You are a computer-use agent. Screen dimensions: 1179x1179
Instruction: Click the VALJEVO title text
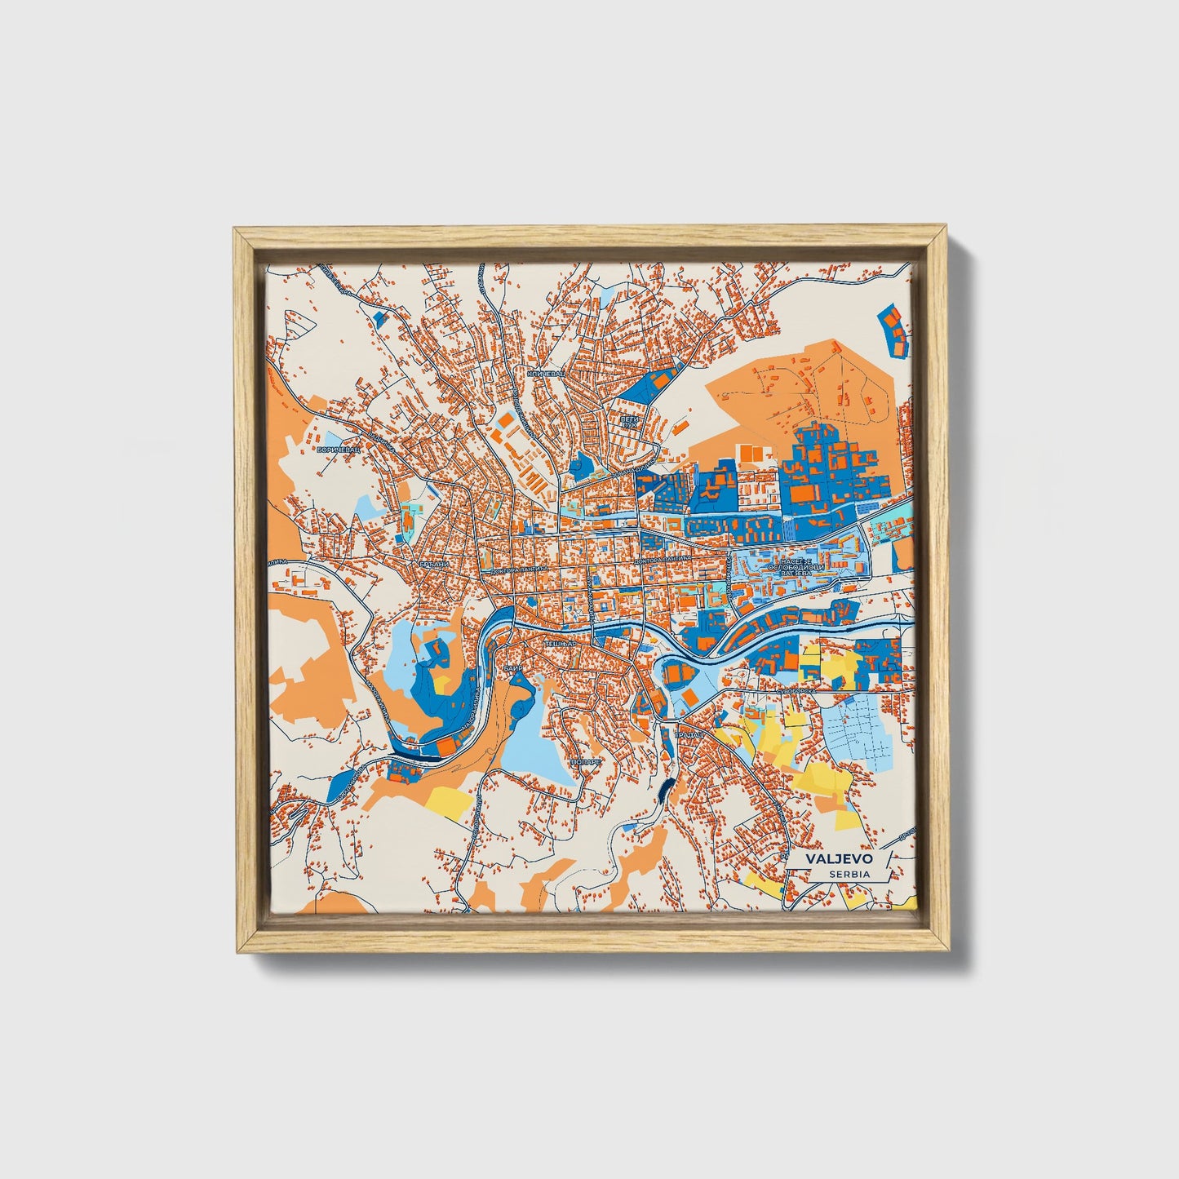839,859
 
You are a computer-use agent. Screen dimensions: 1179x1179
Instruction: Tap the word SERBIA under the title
849,874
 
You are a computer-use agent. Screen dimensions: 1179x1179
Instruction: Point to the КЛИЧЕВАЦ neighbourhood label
546,374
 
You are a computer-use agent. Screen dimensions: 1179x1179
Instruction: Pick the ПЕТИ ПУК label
629,421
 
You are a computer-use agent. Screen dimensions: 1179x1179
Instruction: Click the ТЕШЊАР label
561,644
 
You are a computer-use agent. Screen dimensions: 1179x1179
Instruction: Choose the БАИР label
513,667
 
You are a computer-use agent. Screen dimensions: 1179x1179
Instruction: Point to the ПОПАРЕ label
586,760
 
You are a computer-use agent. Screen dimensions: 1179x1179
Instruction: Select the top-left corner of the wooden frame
236,231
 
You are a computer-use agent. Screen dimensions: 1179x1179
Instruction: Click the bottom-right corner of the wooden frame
948,951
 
